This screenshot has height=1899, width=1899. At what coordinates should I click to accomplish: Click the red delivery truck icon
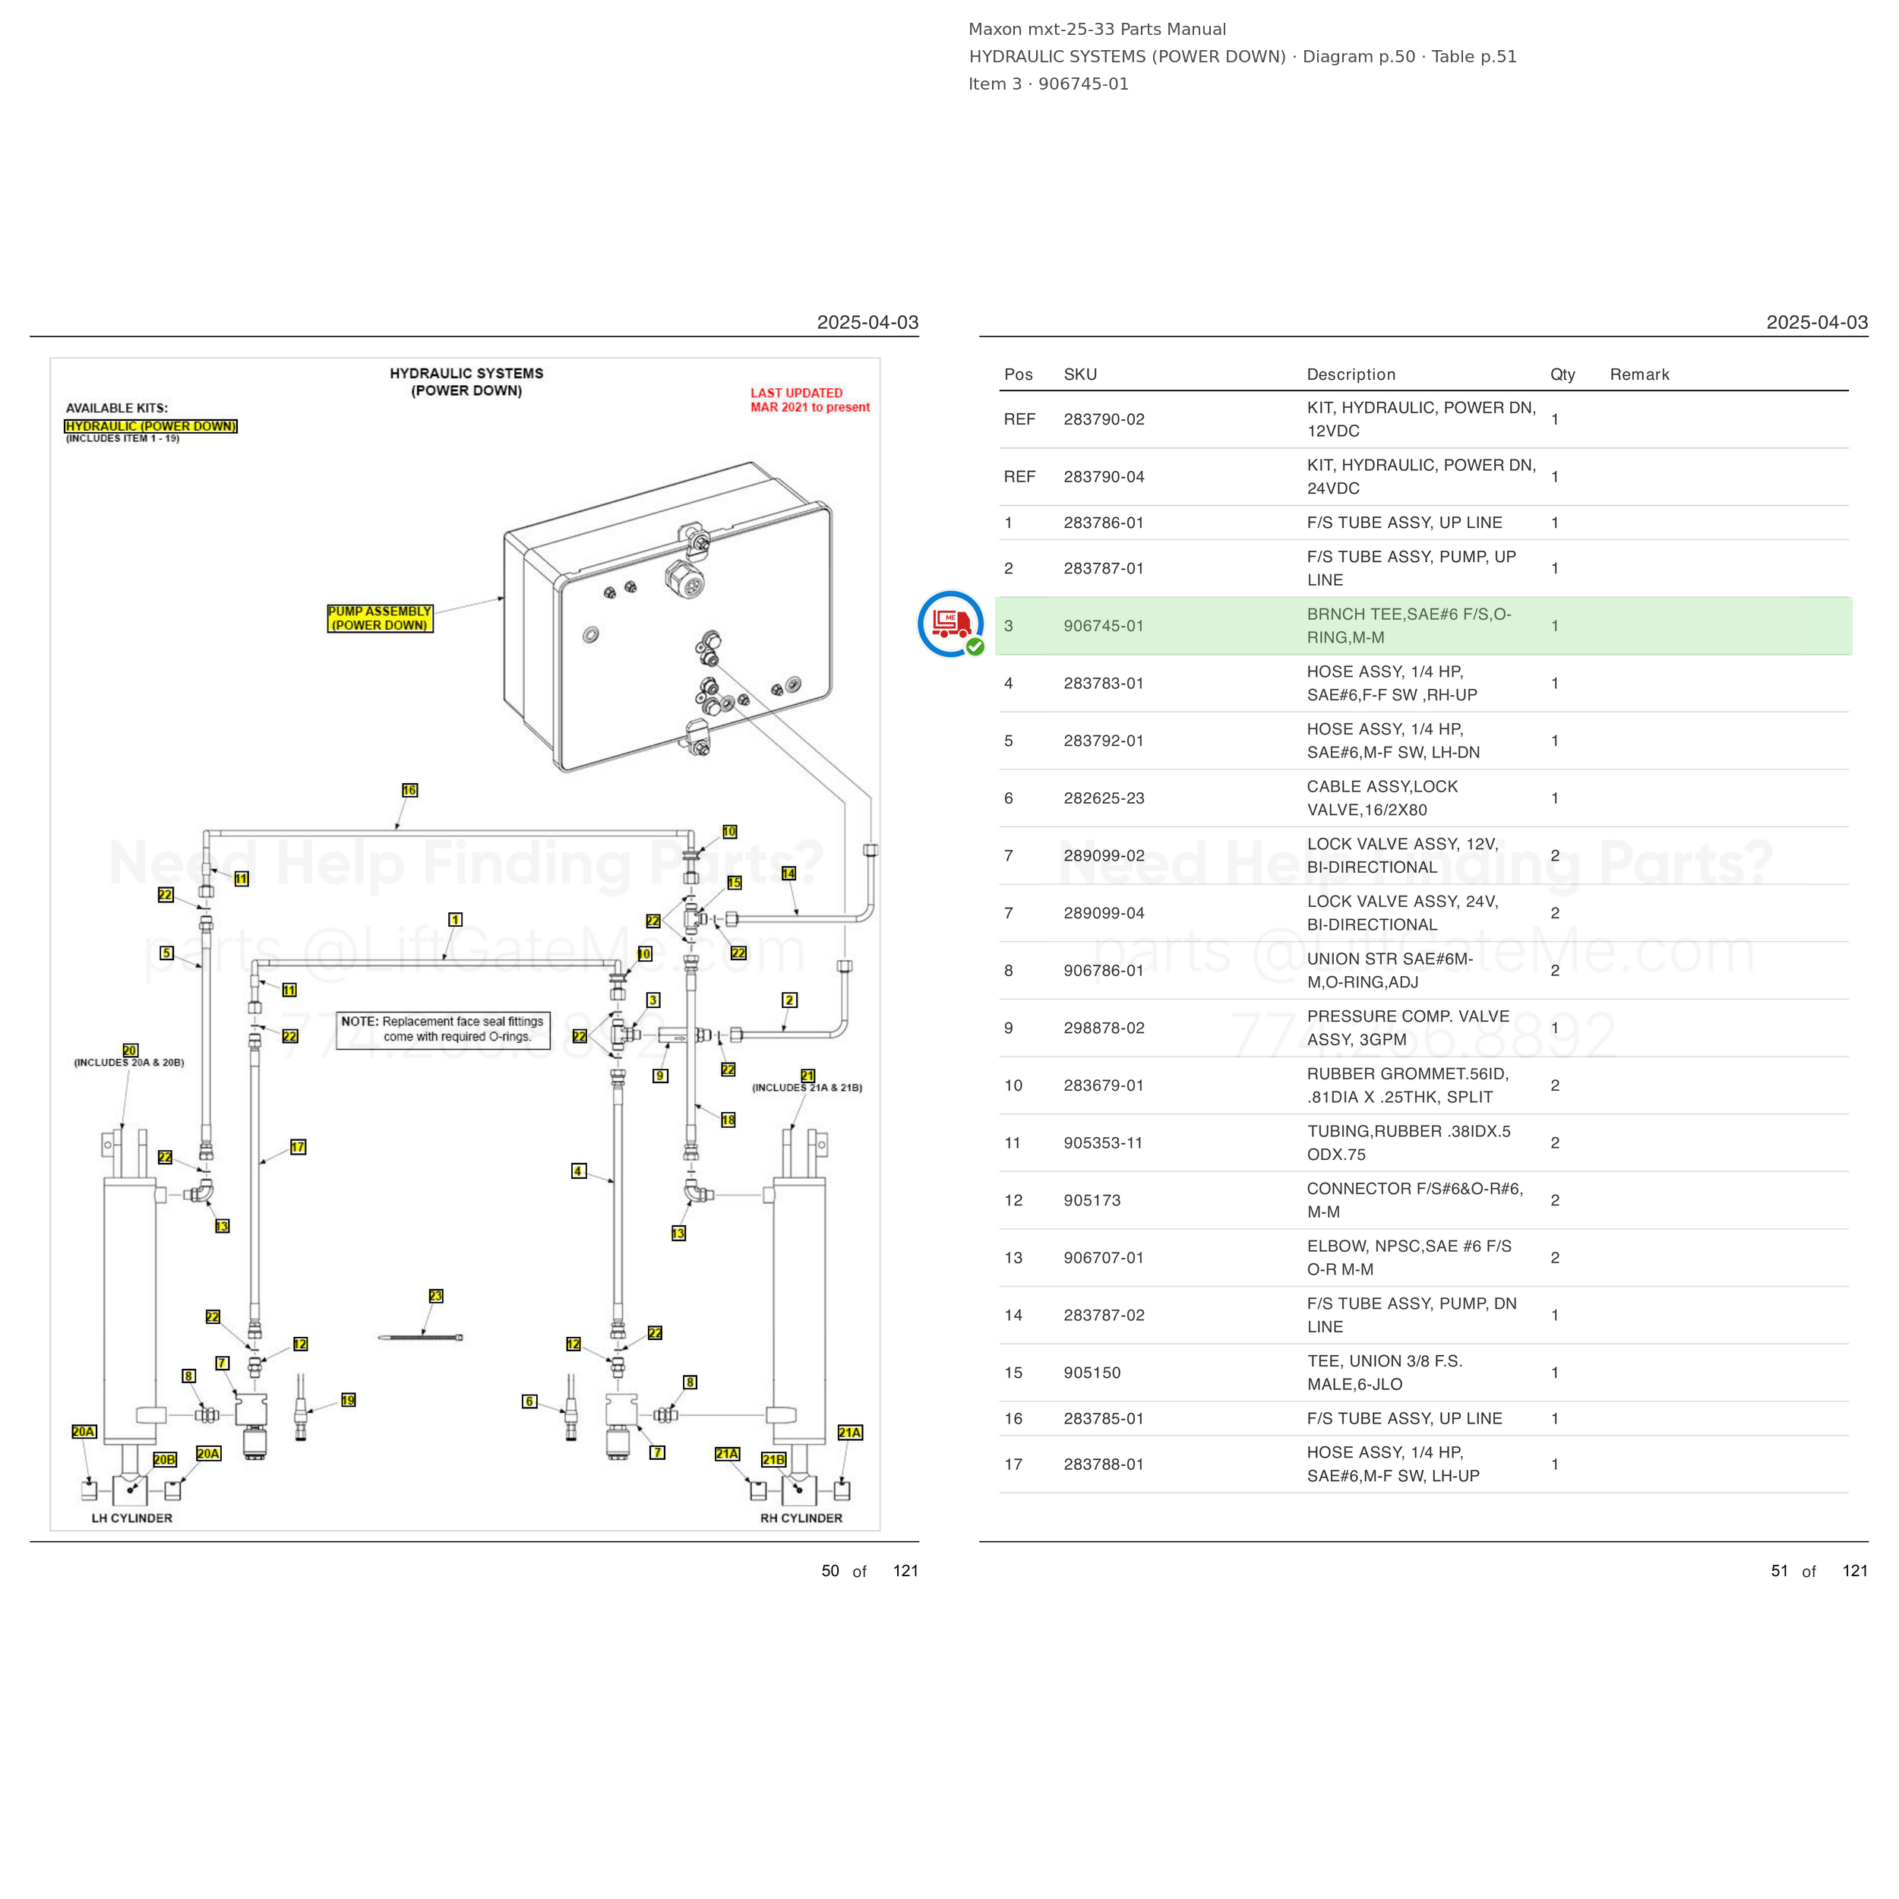coord(950,623)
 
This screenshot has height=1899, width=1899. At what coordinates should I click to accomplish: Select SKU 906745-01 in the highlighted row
coord(1103,626)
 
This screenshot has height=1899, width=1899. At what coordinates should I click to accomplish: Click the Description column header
coord(1351,374)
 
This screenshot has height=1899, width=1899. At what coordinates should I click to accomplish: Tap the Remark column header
coord(1638,374)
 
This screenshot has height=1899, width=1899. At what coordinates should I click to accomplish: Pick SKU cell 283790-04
coord(1104,477)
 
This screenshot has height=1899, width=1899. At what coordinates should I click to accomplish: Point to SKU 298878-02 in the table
coord(1104,1028)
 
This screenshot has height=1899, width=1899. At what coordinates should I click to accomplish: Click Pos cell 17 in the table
coord(1013,1465)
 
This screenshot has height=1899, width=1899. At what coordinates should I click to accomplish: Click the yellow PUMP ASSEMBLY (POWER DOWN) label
coord(379,618)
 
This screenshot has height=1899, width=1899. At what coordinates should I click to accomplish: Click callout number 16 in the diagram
coord(410,790)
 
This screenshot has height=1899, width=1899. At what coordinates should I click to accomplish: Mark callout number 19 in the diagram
coord(348,1401)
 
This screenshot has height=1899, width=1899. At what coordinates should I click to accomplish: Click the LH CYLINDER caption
coord(131,1518)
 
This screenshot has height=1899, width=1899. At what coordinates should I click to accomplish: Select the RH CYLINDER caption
coord(801,1518)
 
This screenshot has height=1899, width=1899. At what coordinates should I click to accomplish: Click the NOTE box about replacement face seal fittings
coord(444,1030)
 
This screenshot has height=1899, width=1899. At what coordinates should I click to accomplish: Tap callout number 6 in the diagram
coord(529,1401)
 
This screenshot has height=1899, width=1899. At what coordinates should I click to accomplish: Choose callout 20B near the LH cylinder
coord(164,1460)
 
